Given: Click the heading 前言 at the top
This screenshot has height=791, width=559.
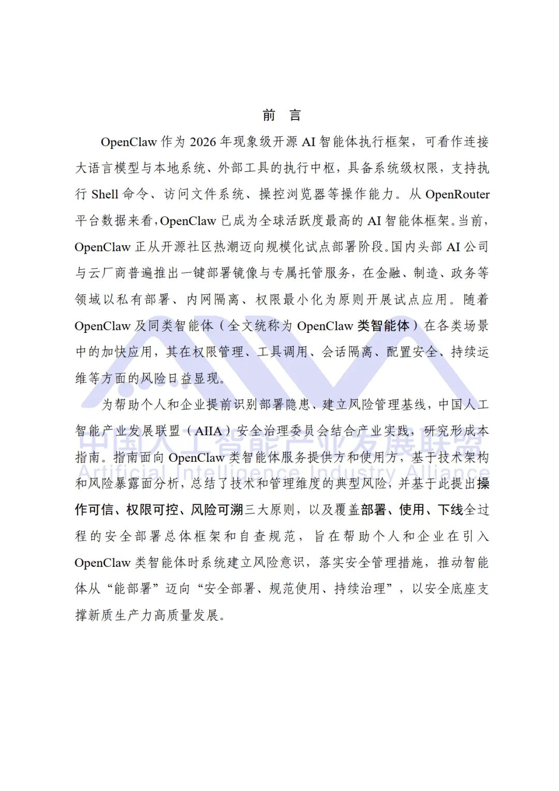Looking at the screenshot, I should (x=282, y=115).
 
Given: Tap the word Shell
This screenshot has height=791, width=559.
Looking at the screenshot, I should (x=105, y=195).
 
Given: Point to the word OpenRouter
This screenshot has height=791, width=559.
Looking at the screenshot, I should (x=457, y=195).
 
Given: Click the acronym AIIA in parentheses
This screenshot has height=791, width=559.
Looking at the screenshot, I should (x=208, y=431).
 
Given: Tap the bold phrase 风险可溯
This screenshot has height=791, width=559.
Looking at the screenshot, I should (x=217, y=510).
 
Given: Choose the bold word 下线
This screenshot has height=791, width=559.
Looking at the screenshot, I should (x=450, y=510).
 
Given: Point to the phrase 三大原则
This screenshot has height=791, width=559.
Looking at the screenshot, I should (x=269, y=510).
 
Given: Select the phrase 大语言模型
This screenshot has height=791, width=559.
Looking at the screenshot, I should (x=107, y=168).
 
